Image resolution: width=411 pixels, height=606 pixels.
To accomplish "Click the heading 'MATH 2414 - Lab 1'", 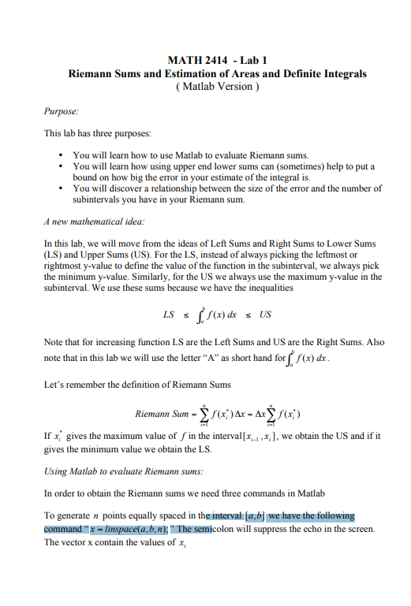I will point(217,61).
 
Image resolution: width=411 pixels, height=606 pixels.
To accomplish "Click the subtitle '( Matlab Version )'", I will point(217,85).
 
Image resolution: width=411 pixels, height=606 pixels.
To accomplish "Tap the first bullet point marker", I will point(61,156).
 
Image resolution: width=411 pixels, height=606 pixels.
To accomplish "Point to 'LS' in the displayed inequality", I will point(168,314).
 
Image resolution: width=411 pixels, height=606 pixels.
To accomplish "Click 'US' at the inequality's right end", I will point(265,314).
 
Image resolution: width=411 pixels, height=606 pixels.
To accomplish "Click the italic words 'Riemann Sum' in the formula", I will point(158,413).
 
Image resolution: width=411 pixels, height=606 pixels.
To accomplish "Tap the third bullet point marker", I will point(61,189).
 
